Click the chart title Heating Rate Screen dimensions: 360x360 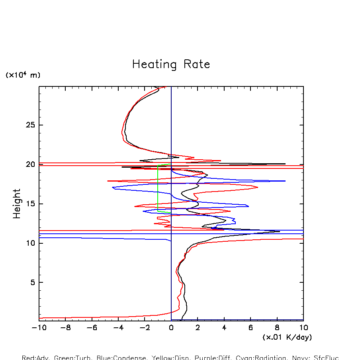coord(171,65)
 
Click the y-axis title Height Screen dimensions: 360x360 coord(17,203)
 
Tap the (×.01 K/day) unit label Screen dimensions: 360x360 coord(287,337)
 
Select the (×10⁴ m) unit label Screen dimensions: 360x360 coord(23,75)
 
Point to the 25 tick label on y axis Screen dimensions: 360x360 coord(31,125)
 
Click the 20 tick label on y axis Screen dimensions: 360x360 coord(31,164)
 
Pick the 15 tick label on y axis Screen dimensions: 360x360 coord(31,204)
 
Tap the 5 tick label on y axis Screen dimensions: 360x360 coord(33,282)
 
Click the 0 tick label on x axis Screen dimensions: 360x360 coord(171,328)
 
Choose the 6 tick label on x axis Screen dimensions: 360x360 coord(250,328)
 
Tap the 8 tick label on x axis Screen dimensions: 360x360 coord(277,328)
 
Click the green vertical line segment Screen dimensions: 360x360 coord(158,187)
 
